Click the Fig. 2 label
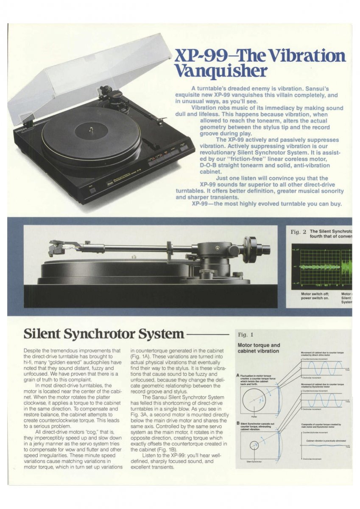point(298,232)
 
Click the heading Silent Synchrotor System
point(104,334)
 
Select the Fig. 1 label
point(246,335)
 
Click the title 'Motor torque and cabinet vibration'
point(259,348)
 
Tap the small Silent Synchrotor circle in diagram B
point(254,446)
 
